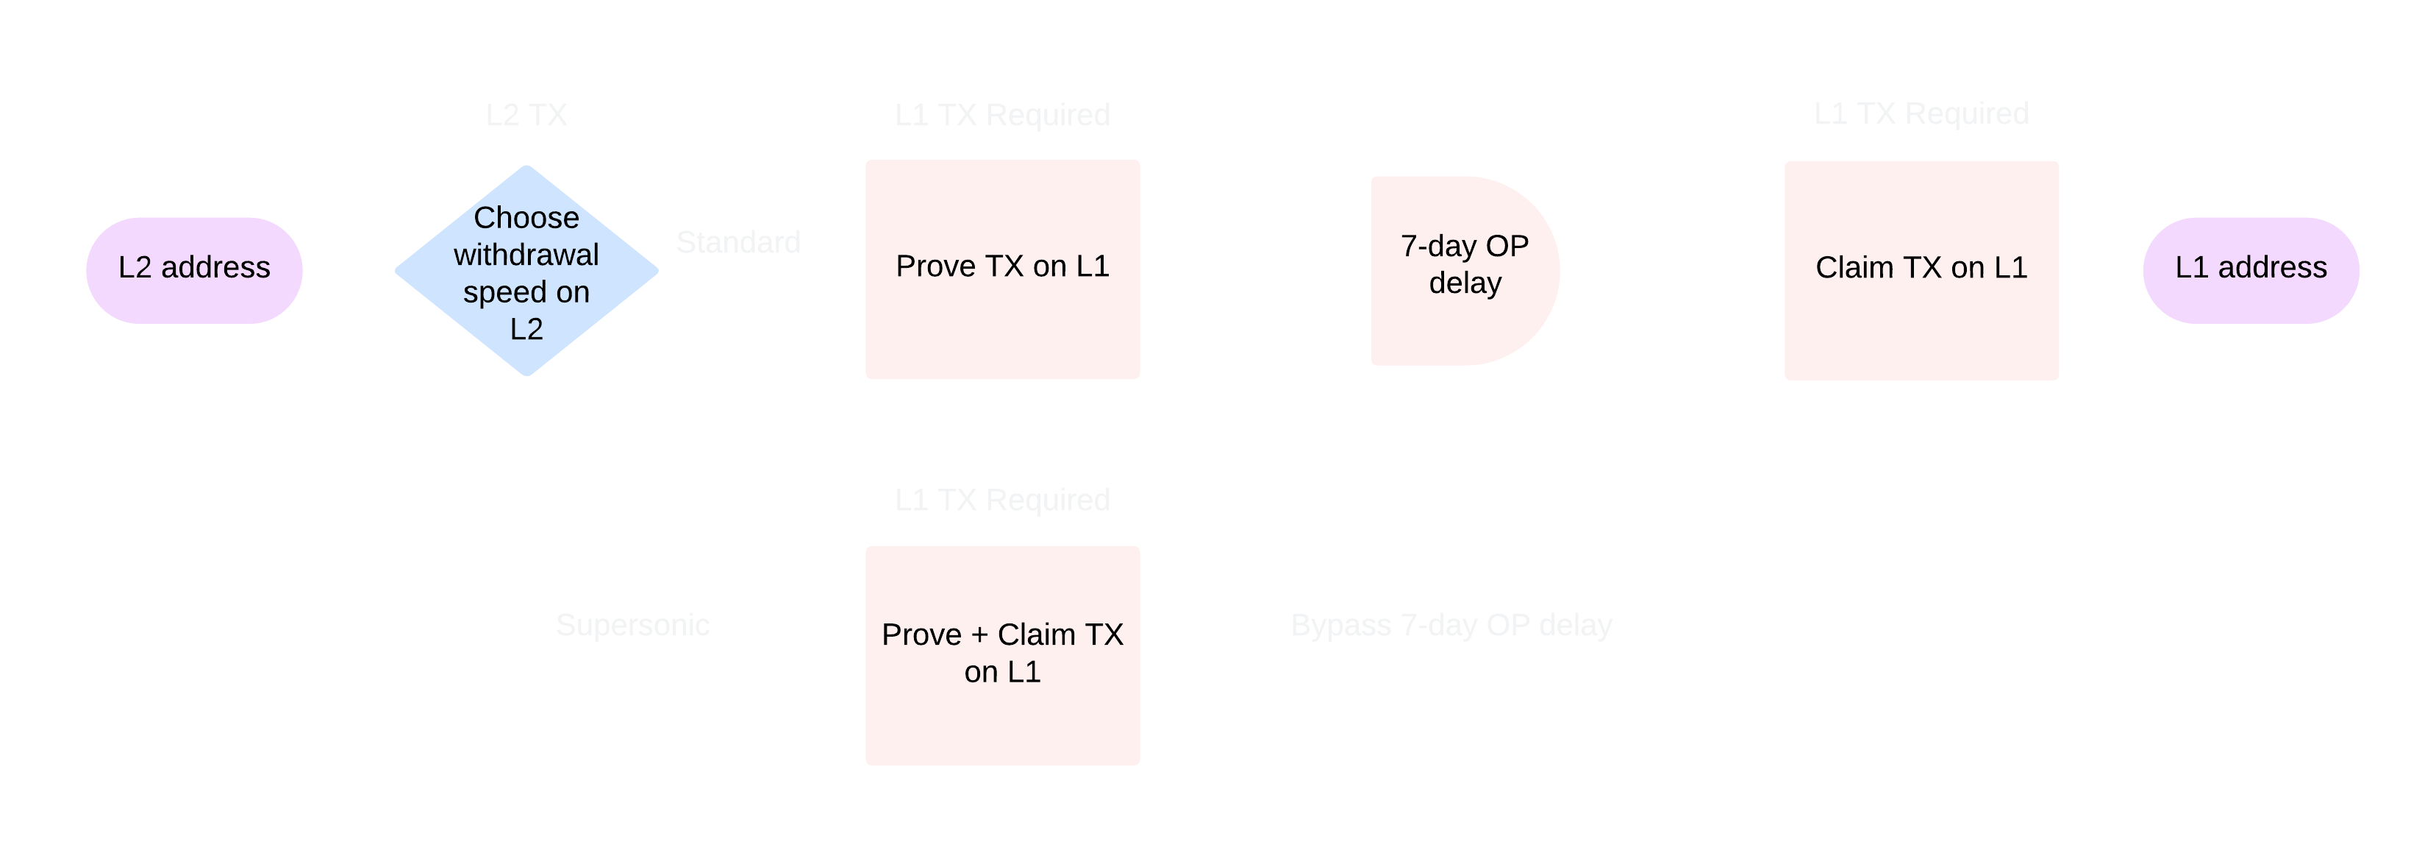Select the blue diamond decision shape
[x=526, y=272]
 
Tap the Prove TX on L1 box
[x=1002, y=269]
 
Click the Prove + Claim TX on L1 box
[x=1002, y=655]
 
